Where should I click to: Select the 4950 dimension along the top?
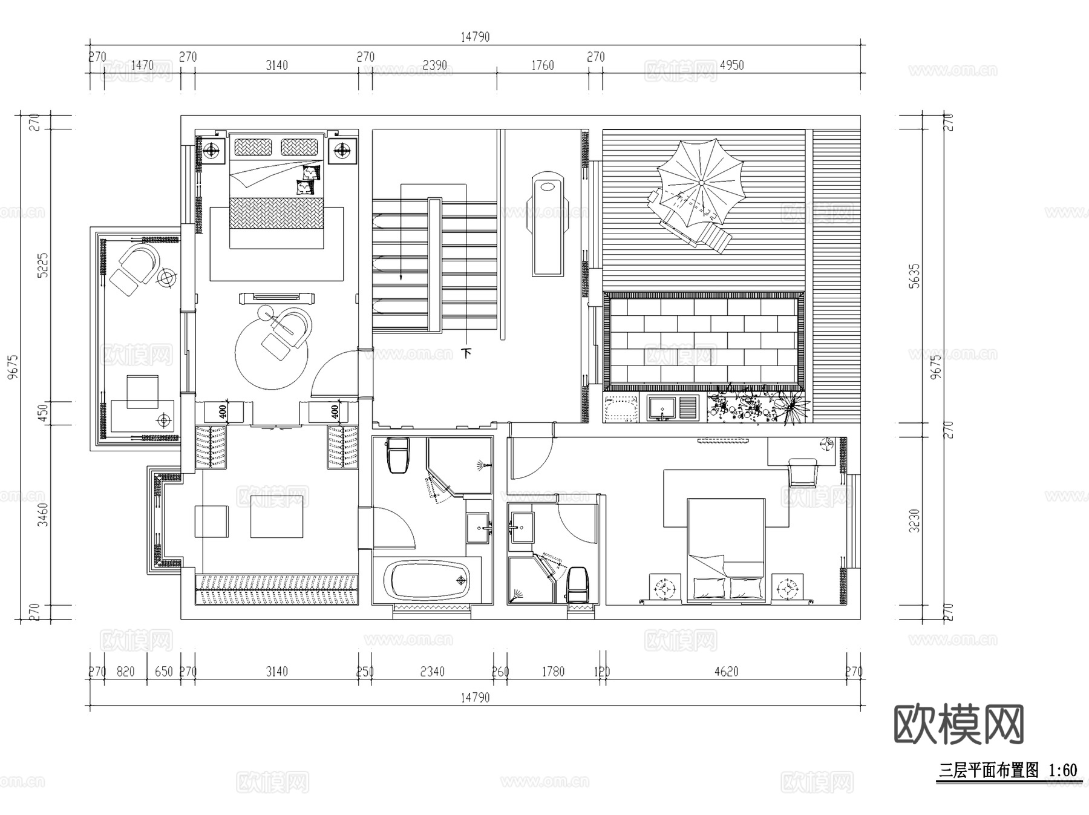[731, 65]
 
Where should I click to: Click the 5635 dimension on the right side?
[914, 275]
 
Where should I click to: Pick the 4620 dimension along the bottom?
[726, 672]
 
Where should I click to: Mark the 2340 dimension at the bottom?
[432, 672]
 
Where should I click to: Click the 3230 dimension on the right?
[914, 520]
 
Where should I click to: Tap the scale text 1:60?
[1062, 771]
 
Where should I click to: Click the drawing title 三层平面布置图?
[989, 771]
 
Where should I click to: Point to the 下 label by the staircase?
[466, 352]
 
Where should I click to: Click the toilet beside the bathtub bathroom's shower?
[398, 454]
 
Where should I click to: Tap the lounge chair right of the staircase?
[548, 224]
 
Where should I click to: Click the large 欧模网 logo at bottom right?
[958, 724]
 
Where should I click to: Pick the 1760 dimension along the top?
[542, 65]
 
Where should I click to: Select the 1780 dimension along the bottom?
[552, 672]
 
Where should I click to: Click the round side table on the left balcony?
[166, 277]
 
